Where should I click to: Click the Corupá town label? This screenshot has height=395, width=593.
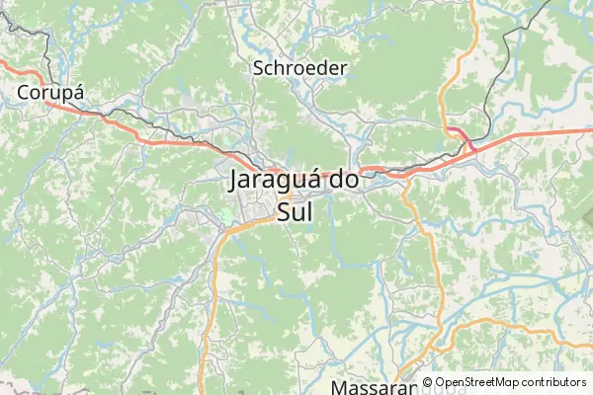[49, 92]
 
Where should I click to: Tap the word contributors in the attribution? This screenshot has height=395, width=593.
[555, 382]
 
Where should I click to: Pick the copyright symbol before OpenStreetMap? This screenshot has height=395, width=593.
[428, 382]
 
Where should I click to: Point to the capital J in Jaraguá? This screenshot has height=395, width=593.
[233, 181]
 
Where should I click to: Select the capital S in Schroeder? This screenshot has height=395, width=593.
[260, 68]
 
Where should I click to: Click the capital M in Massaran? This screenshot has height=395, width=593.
[341, 386]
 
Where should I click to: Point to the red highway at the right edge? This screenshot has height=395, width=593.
[590, 128]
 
